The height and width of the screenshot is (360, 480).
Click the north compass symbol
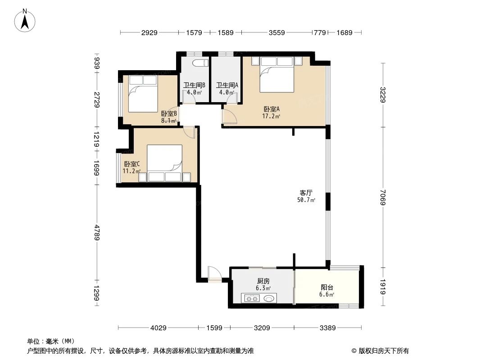tap(25, 20)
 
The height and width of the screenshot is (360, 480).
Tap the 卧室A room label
tap(272, 109)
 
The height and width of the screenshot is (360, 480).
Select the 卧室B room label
tap(168, 114)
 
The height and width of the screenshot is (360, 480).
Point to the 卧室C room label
tap(132, 164)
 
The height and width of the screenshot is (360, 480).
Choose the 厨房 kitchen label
tap(263, 281)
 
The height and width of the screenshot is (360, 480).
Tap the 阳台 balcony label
tap(327, 287)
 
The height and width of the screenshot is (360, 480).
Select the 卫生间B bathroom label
tap(194, 85)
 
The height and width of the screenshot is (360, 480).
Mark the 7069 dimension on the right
tap(383, 197)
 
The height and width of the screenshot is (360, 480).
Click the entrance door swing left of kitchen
tap(213, 274)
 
